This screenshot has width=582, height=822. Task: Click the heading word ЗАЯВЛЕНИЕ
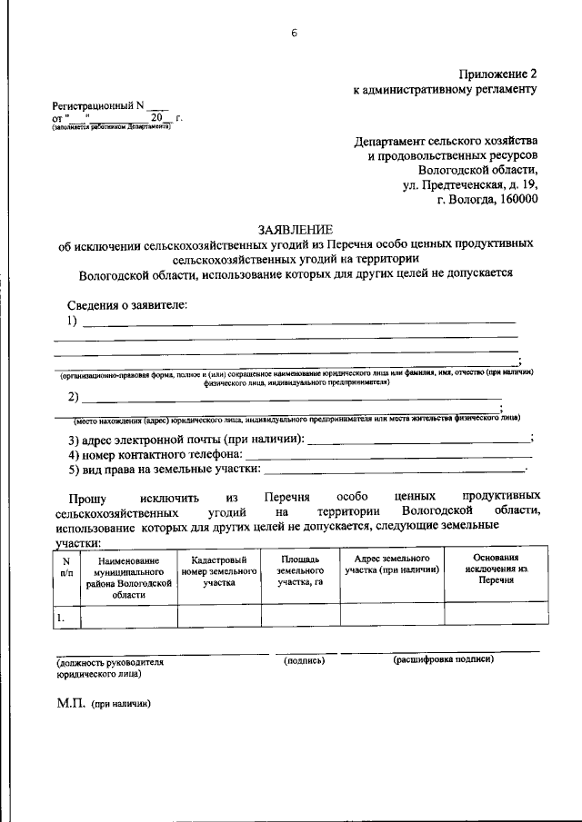tap(296, 229)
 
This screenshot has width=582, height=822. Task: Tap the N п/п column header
tap(65, 568)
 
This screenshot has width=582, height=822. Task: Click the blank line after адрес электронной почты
tap(418, 441)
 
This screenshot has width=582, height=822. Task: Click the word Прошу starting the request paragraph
tap(86, 498)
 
